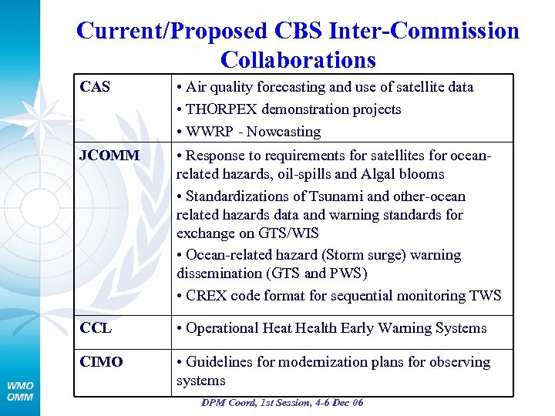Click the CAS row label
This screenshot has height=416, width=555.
tap(95, 87)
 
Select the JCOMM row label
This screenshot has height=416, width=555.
tap(109, 156)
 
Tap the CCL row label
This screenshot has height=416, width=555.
tap(96, 328)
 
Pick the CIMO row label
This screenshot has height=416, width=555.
tap(101, 362)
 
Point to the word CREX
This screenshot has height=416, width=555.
tap(205, 296)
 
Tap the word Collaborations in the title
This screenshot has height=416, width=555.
tap(298, 59)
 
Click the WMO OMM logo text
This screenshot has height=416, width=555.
tap(20, 391)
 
